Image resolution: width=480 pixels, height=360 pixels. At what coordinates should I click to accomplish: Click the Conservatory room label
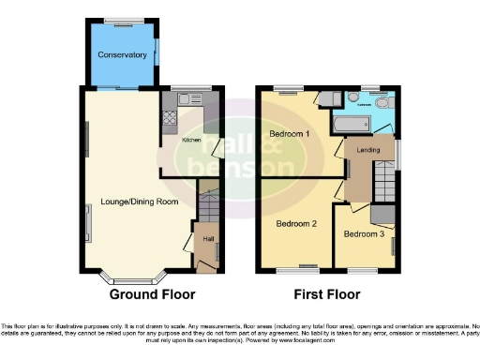pyautogui.click(x=123, y=55)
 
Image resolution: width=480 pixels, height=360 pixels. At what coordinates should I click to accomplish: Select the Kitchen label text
pyautogui.click(x=191, y=140)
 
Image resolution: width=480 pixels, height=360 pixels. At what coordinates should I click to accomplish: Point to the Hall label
pyautogui.click(x=207, y=239)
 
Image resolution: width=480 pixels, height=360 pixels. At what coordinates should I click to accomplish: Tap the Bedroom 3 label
pyautogui.click(x=363, y=232)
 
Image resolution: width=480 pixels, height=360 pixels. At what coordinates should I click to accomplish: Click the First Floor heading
pyautogui.click(x=327, y=294)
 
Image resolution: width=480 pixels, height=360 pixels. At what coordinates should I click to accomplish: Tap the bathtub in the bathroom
pyautogui.click(x=352, y=125)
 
